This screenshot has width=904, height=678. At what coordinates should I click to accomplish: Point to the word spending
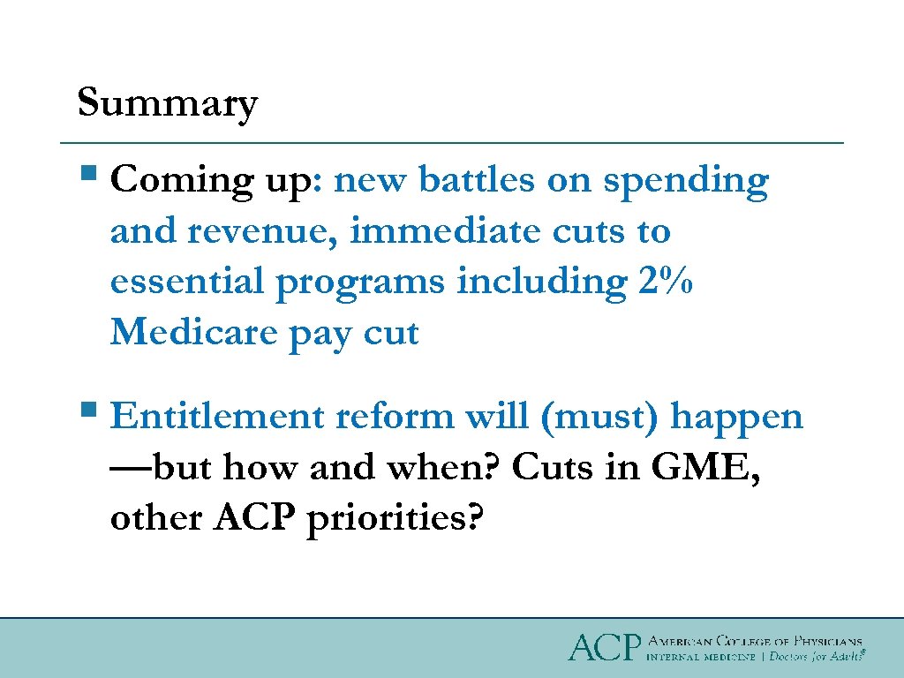[686, 182]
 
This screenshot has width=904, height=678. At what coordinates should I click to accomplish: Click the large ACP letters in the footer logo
[603, 647]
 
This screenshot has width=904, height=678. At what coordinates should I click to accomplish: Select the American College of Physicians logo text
[755, 640]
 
